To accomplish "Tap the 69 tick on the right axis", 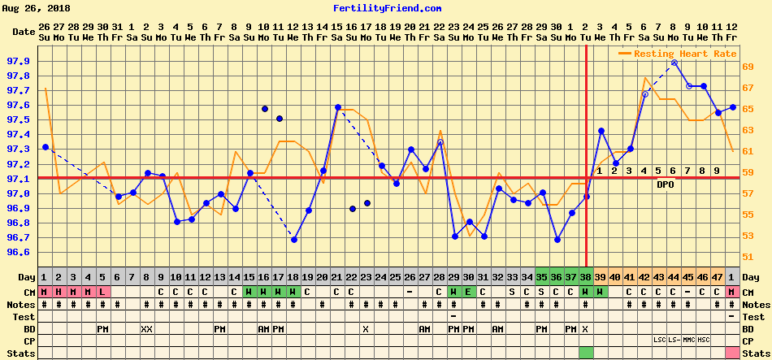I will point(748,67).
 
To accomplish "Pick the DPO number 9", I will point(717,171).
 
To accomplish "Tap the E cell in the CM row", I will point(468,292).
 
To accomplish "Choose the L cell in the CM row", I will point(102,292).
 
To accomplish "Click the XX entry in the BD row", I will point(146,328).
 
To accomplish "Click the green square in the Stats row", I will point(585,352).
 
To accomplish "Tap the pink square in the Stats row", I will point(731,352).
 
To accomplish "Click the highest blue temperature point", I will point(674,63).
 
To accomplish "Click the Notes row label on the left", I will point(23,304).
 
